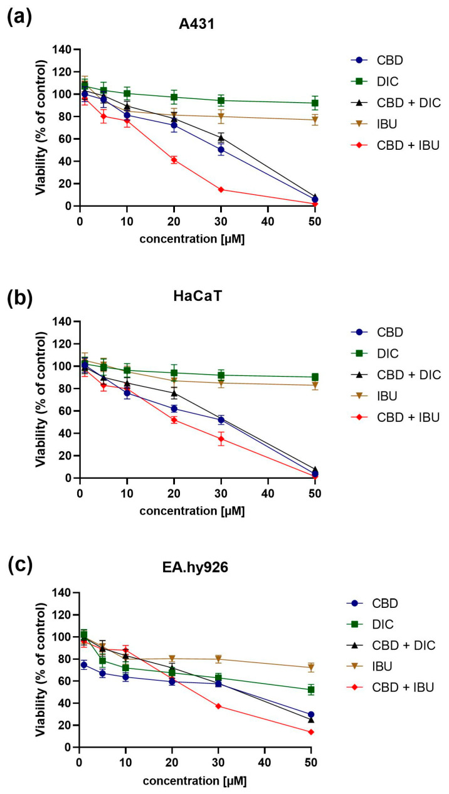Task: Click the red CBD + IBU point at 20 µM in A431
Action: tap(174, 160)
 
